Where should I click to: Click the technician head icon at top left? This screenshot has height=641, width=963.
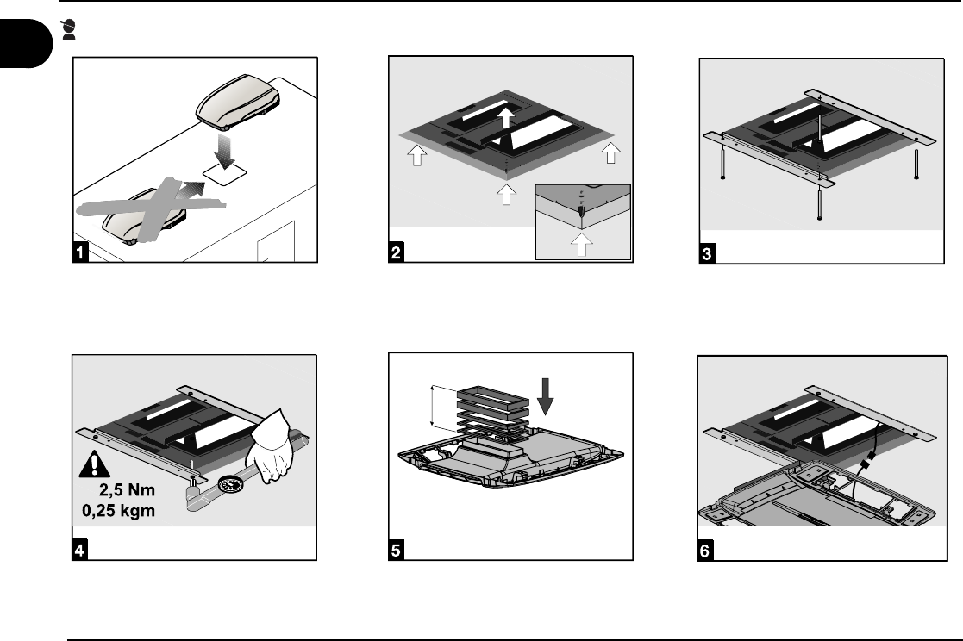point(69,31)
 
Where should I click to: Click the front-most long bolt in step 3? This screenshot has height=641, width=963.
point(816,203)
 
